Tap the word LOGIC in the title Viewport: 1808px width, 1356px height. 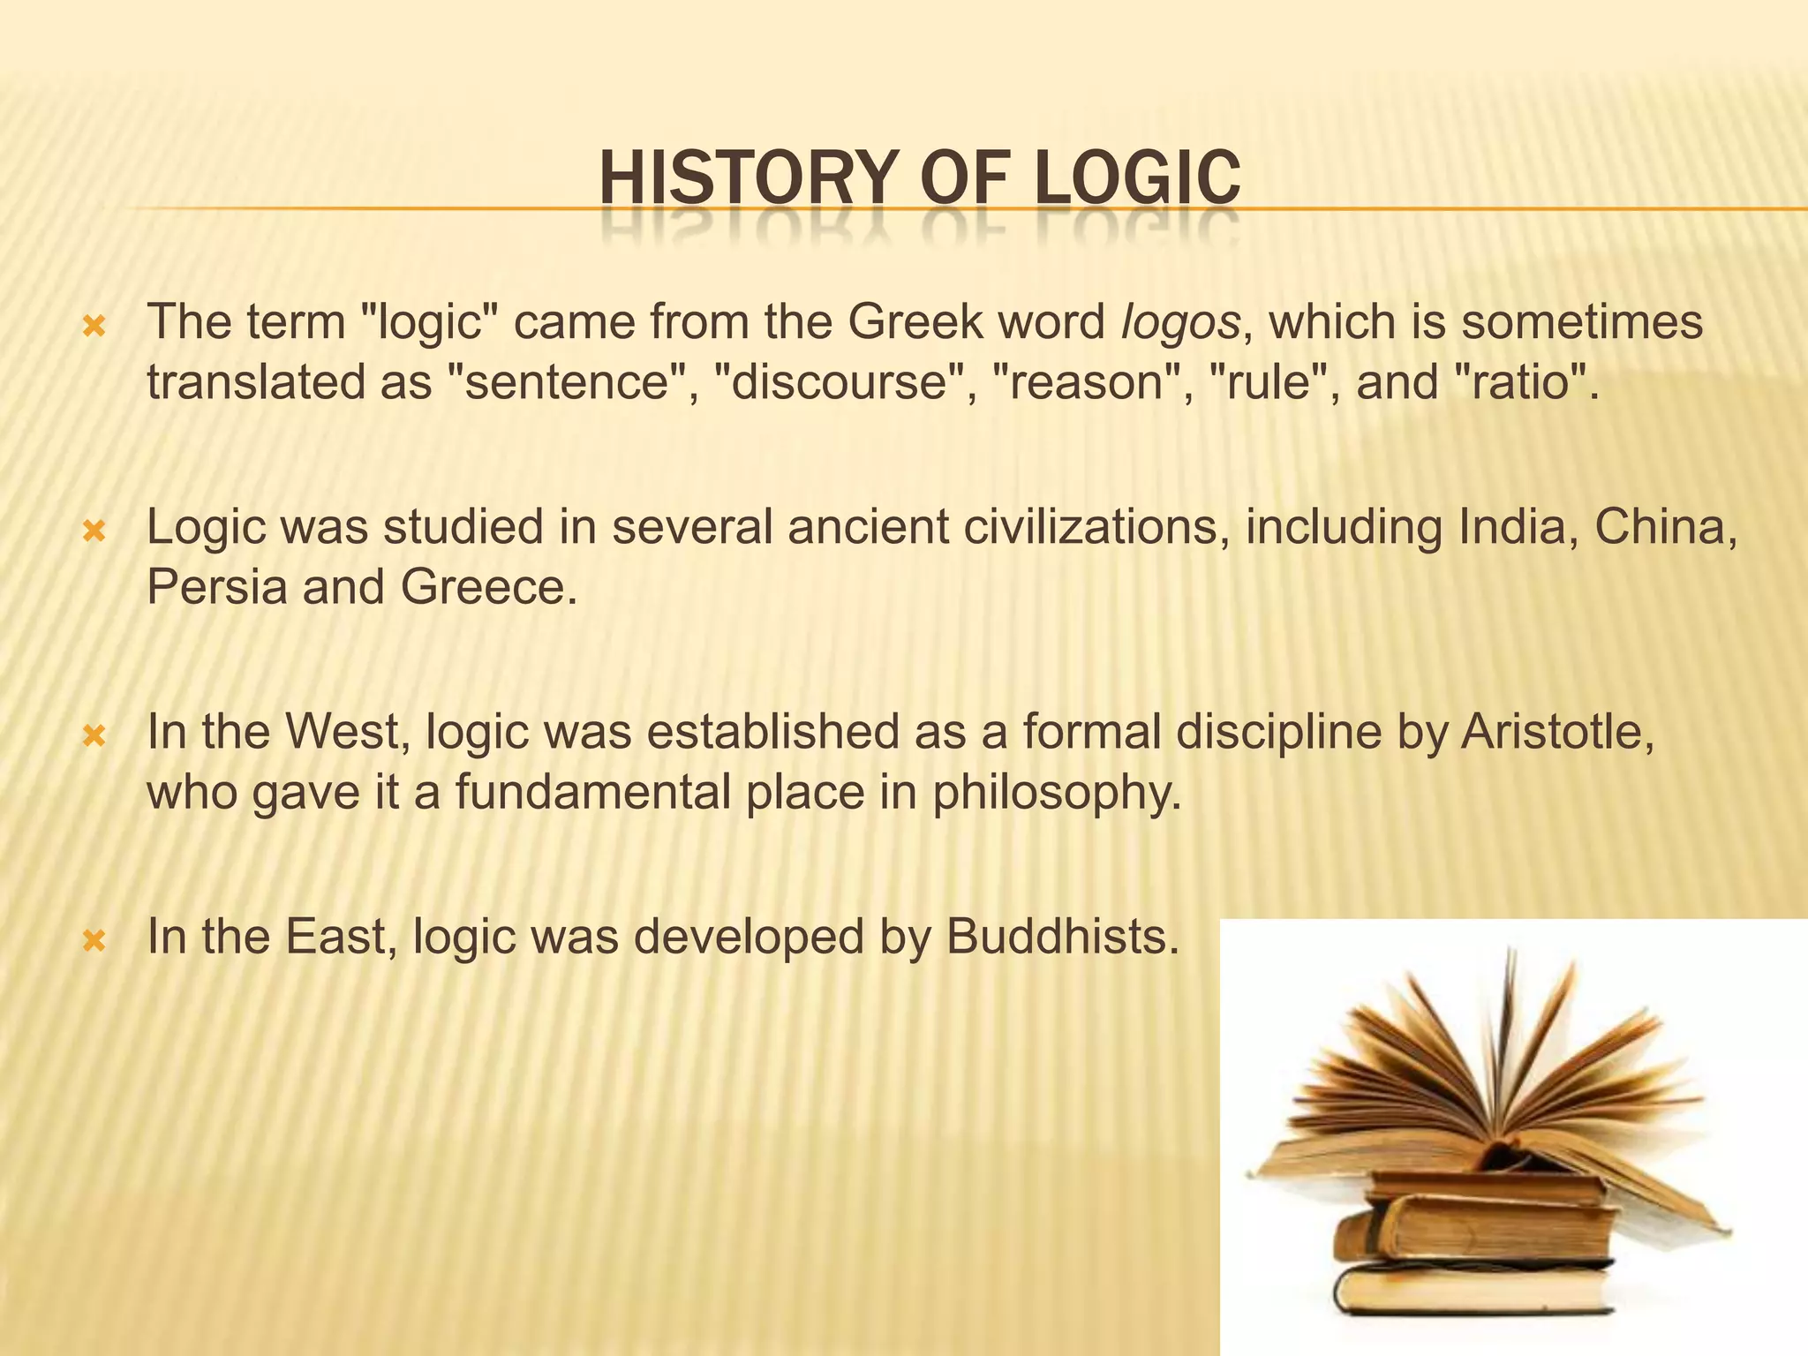pos(1138,179)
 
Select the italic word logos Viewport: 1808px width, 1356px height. pos(1180,323)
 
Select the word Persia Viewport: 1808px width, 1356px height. pos(217,587)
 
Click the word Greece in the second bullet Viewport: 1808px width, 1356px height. pos(488,587)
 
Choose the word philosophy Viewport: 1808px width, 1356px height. pos(1056,794)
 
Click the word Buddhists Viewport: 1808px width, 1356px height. pos(1062,937)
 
